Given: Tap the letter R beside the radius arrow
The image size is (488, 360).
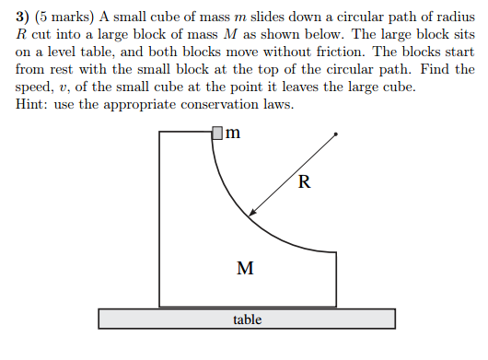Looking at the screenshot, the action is (304, 181).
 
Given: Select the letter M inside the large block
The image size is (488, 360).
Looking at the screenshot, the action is (245, 269).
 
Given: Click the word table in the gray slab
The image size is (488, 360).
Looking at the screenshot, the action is (247, 319).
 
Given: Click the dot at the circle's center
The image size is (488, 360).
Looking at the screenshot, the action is (336, 134).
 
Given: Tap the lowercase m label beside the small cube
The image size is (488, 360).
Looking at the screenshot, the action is (233, 133).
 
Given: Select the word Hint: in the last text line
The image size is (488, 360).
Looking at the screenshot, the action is (35, 104).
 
